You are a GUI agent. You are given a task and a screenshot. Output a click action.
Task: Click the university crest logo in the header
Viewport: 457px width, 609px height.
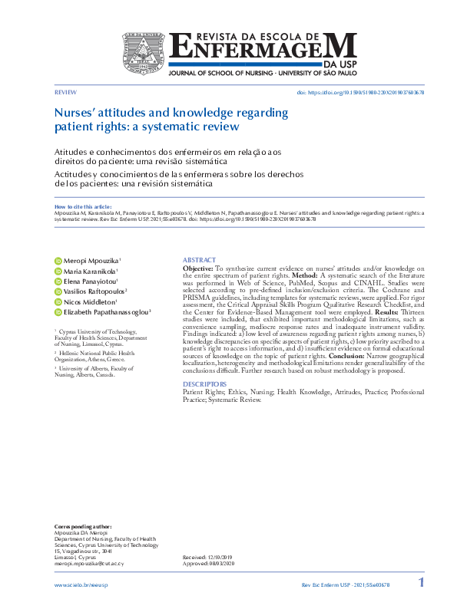pyautogui.click(x=145, y=54)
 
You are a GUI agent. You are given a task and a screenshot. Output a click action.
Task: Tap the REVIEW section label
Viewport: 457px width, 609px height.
pyautogui.click(x=65, y=91)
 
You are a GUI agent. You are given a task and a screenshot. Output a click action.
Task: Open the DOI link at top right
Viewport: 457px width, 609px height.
pyautogui.click(x=360, y=92)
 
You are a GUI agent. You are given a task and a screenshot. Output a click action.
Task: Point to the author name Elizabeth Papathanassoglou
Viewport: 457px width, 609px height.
pyautogui.click(x=106, y=312)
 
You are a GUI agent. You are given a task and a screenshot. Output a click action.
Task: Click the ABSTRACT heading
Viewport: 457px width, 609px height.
pyautogui.click(x=199, y=260)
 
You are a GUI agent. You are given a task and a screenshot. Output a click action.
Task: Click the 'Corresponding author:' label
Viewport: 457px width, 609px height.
pyautogui.click(x=82, y=527)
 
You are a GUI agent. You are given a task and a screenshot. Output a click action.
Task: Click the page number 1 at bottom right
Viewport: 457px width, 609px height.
pyautogui.click(x=420, y=583)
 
